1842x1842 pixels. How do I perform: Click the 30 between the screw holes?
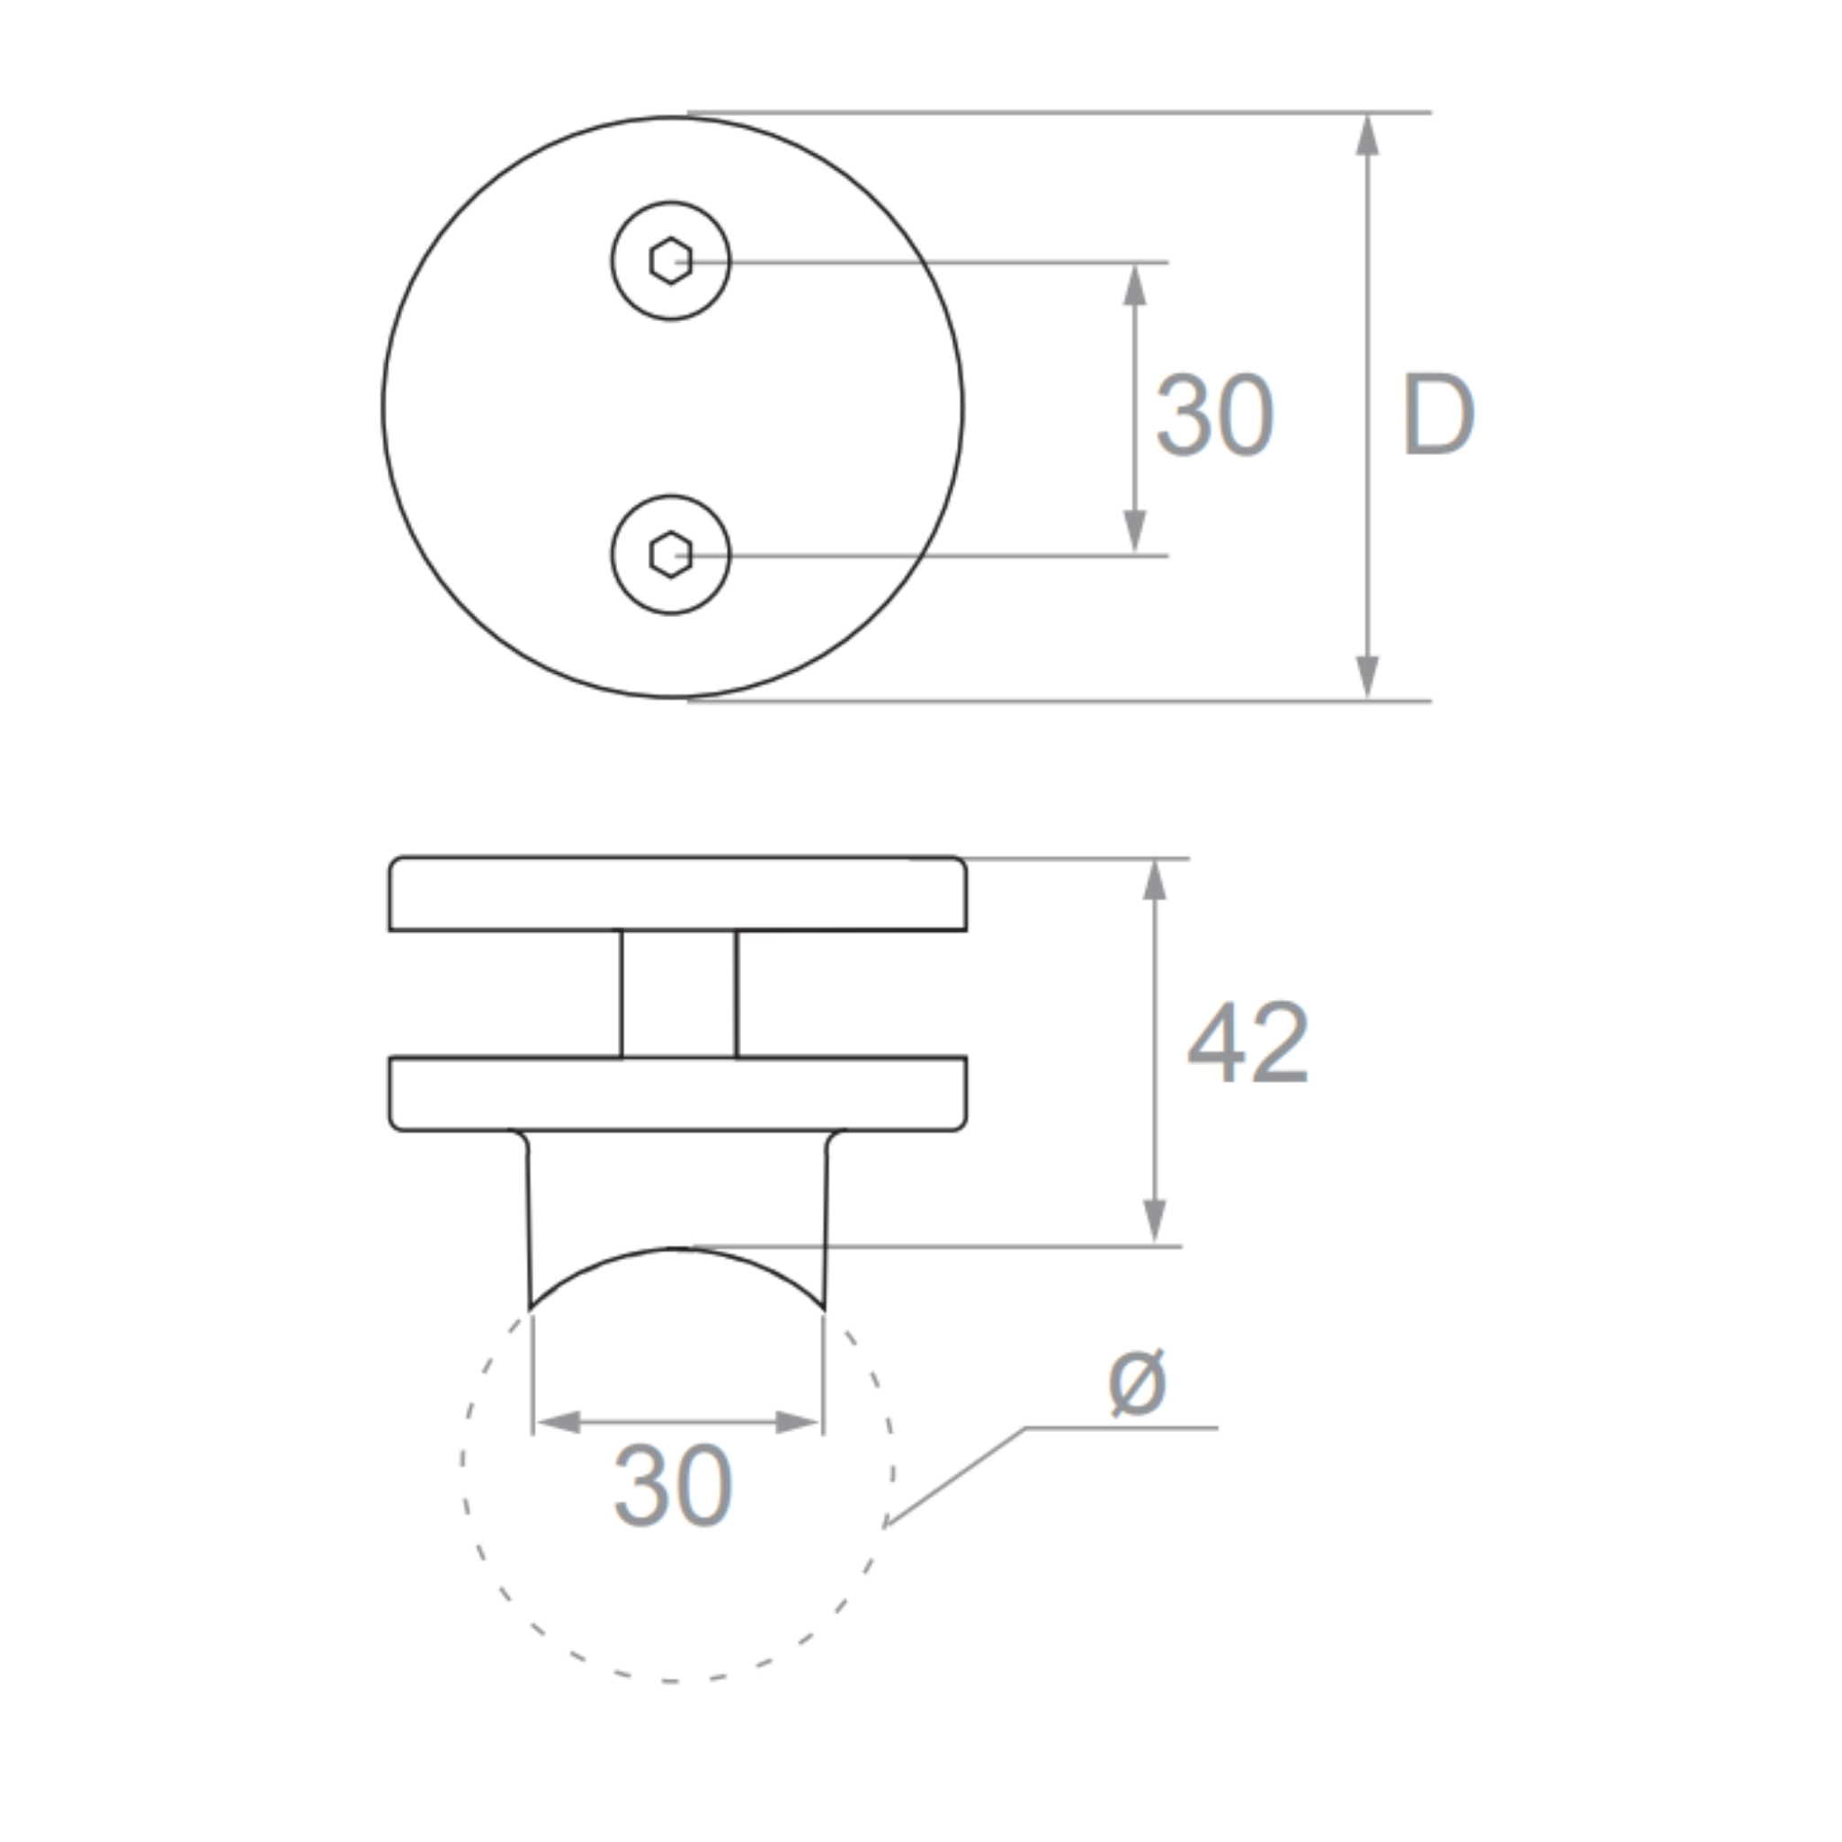1213,415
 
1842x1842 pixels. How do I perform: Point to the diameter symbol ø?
1137,1382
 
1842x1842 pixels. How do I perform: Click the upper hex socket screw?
670,260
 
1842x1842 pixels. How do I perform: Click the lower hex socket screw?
670,554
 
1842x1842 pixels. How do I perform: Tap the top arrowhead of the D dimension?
1367,136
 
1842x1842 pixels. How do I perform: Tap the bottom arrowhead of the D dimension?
1367,676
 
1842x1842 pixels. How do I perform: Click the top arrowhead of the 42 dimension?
1155,880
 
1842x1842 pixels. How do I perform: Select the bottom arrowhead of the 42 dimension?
1155,1221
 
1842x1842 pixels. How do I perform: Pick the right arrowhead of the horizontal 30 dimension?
797,1423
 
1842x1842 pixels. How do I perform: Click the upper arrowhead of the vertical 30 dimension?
1133,285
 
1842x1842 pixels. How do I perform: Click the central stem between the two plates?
678,993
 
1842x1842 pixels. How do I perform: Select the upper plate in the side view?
677,893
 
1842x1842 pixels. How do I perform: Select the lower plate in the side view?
677,1094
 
